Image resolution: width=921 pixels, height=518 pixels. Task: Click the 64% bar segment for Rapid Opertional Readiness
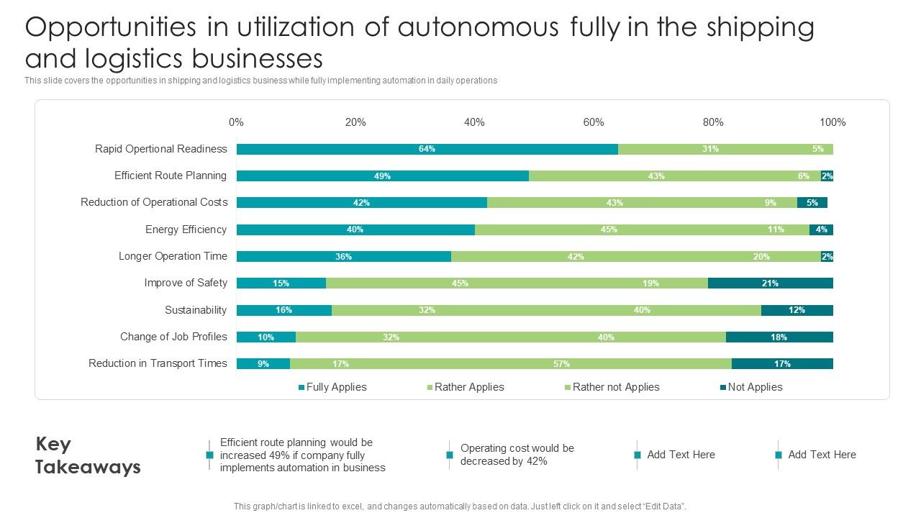pyautogui.click(x=427, y=149)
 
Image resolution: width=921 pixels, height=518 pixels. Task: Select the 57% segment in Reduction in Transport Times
pyautogui.click(x=561, y=364)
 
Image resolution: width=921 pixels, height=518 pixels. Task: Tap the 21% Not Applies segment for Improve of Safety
pyautogui.click(x=770, y=283)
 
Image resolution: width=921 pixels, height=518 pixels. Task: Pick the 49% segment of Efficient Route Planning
pyautogui.click(x=382, y=176)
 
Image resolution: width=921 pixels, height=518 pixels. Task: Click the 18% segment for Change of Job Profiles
pyautogui.click(x=779, y=337)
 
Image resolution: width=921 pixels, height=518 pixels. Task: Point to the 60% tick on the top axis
pyautogui.click(x=593, y=122)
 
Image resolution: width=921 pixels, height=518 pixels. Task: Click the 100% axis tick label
pyautogui.click(x=832, y=122)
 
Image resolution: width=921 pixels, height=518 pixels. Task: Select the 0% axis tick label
pyautogui.click(x=236, y=122)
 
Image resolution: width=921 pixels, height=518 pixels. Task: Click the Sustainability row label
pyautogui.click(x=196, y=310)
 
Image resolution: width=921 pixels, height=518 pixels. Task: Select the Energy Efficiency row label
pyautogui.click(x=186, y=230)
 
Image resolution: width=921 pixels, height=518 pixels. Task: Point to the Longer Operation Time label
pyautogui.click(x=173, y=256)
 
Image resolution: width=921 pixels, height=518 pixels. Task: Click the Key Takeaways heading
pyautogui.click(x=88, y=455)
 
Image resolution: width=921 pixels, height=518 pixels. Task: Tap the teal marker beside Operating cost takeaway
pyautogui.click(x=450, y=455)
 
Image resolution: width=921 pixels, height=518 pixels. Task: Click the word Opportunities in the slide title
pyautogui.click(x=110, y=27)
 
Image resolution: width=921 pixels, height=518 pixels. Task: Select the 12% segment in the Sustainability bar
pyautogui.click(x=797, y=310)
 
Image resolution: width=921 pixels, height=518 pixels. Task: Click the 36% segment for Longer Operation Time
pyautogui.click(x=343, y=257)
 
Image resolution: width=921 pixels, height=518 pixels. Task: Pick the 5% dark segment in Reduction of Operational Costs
pyautogui.click(x=812, y=203)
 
